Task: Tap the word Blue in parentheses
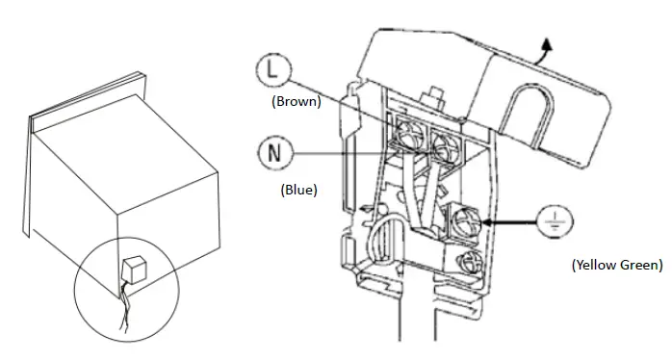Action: (x=297, y=190)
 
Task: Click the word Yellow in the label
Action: (x=596, y=264)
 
